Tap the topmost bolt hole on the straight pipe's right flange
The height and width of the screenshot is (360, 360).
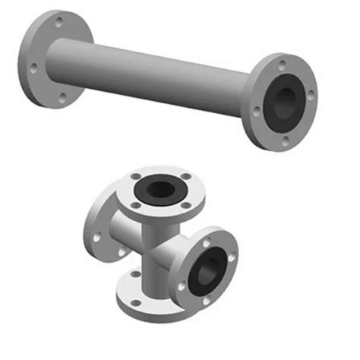283,65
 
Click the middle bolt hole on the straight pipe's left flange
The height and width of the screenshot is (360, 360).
33,69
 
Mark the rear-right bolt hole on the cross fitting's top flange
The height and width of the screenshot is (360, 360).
182,176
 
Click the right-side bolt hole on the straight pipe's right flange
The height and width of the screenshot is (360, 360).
310,95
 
